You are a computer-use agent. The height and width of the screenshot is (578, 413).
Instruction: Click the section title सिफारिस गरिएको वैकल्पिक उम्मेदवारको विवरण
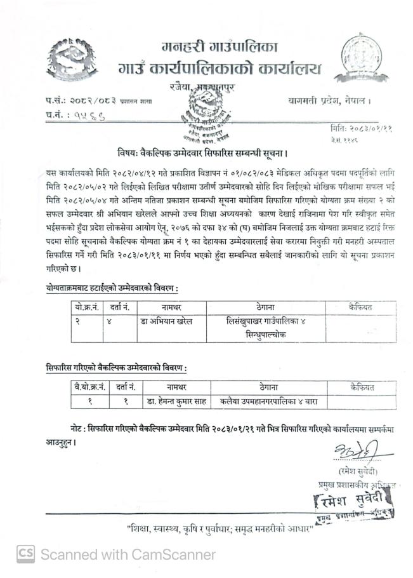[117, 368]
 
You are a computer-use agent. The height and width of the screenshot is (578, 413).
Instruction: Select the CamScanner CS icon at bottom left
[25, 554]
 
